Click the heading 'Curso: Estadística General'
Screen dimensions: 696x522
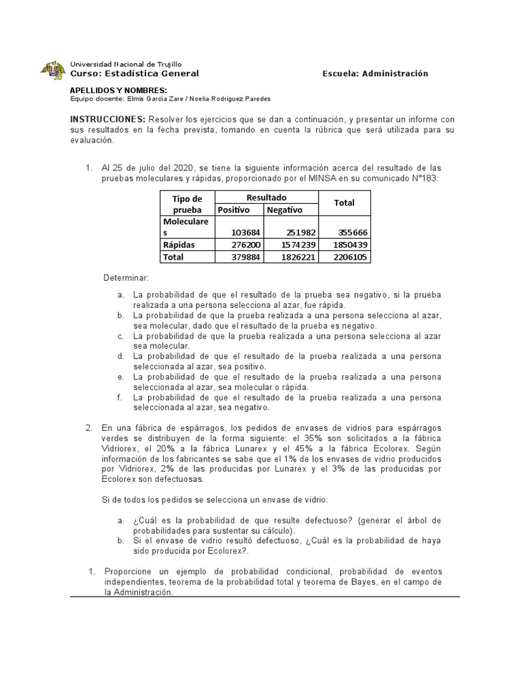click(135, 73)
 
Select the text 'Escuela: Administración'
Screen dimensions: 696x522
click(375, 73)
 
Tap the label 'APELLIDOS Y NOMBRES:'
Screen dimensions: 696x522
click(118, 90)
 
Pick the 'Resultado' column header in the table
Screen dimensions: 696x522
click(266, 197)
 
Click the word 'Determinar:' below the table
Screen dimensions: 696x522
click(126, 279)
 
